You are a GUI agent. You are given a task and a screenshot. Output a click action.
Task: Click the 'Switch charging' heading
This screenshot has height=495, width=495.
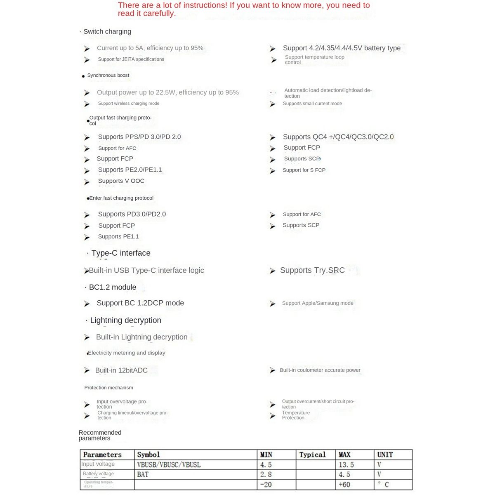point(107,32)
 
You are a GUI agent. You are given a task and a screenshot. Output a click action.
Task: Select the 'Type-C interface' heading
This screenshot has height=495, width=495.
point(121,253)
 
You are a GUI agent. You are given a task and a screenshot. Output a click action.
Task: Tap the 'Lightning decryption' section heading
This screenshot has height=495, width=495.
point(125,321)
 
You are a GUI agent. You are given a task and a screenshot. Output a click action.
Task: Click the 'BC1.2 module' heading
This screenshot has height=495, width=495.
point(113,288)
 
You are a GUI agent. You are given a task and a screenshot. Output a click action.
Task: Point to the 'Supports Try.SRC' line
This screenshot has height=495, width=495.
point(312,271)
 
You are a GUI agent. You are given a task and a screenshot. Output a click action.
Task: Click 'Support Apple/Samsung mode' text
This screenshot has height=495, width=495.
point(318,303)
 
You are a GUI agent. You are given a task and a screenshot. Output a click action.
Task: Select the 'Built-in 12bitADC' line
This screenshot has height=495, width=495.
point(121,370)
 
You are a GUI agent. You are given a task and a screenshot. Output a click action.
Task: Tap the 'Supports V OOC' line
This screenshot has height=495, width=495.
point(121,181)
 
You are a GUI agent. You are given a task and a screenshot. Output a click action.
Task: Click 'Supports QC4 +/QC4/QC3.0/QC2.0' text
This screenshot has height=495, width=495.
point(338,137)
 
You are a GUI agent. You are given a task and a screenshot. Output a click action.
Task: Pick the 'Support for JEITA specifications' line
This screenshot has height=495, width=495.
point(131,59)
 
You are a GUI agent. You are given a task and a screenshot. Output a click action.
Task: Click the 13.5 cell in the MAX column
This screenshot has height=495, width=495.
point(346,465)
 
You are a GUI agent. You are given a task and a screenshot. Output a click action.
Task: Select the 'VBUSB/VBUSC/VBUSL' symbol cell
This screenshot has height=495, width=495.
point(169,465)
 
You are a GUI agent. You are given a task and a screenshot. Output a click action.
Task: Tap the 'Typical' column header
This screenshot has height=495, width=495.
point(312,455)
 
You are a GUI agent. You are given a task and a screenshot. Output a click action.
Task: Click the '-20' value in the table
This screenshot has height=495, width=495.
point(266,485)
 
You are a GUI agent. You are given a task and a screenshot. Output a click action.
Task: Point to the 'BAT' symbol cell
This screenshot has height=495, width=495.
point(143,475)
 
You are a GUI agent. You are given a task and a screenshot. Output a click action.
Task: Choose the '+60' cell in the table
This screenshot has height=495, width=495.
point(344,485)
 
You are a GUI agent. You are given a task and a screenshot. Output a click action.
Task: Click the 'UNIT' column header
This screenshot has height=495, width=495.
point(385,455)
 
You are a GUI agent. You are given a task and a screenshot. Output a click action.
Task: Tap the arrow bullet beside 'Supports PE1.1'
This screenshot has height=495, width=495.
point(87,237)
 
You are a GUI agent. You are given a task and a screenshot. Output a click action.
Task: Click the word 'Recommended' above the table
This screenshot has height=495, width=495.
point(100,432)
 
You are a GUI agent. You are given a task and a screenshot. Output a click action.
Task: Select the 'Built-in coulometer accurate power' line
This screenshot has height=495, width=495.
point(320,370)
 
